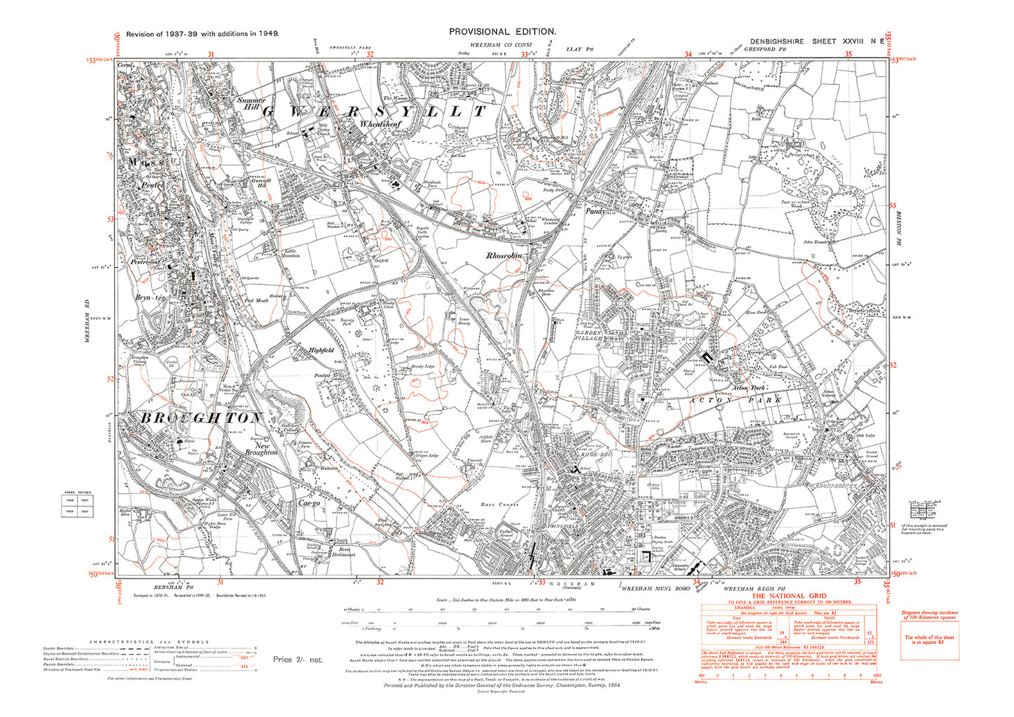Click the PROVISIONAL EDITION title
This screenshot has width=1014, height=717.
coord(502,32)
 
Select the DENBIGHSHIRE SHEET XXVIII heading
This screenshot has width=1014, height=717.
coord(817,42)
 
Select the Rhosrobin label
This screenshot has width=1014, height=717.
coord(505,256)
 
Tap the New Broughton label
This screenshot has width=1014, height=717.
coord(261,449)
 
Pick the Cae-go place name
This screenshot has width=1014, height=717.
coord(309,503)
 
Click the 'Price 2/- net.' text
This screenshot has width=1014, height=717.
coord(298,659)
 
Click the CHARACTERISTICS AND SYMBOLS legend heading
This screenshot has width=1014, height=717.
coord(149,642)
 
